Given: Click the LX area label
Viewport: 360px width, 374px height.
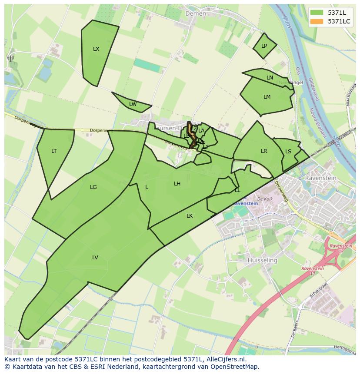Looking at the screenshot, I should [x=96, y=49].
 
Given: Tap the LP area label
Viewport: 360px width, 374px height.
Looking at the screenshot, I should [x=264, y=46].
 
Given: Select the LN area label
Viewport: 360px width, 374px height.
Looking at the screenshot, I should [x=270, y=78].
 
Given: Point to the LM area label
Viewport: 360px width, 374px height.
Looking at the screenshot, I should [x=267, y=97].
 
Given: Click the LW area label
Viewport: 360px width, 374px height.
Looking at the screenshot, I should [x=133, y=104].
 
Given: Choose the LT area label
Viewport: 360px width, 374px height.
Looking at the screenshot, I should [x=54, y=151].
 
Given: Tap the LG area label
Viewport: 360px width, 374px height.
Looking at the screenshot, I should [x=93, y=187].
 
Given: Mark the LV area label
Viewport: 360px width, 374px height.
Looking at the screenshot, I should [x=95, y=258].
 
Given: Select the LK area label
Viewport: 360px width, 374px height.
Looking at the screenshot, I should [x=190, y=216].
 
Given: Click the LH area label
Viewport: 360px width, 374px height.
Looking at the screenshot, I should [x=177, y=184].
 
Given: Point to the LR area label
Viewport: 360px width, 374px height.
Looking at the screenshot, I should [x=264, y=151].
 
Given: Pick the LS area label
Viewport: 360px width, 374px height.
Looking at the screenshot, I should [x=288, y=152].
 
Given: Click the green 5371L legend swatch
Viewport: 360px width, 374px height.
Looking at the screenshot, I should [x=317, y=12].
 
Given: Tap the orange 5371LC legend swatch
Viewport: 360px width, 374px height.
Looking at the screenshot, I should [x=317, y=21].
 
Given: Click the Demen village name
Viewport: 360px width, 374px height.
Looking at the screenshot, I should [x=196, y=13].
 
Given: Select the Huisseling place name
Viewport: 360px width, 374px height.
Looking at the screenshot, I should [x=262, y=260].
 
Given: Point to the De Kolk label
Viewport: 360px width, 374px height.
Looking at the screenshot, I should [x=264, y=199].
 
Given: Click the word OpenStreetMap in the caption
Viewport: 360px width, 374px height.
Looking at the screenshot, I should [x=235, y=367].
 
